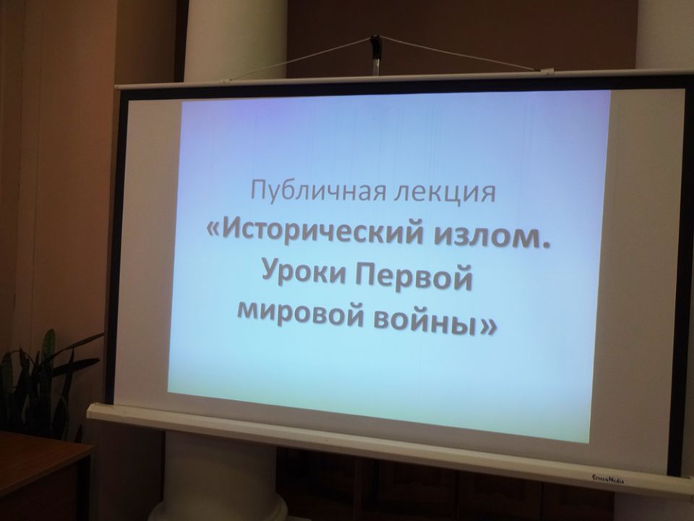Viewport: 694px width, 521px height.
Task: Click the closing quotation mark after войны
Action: [x=488, y=325]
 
